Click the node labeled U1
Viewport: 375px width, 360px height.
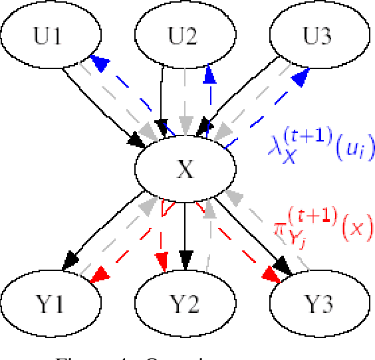(51, 36)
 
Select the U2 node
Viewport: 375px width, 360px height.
(184, 36)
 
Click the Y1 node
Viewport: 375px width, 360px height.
(51, 304)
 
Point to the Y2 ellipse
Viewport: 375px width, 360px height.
(184, 304)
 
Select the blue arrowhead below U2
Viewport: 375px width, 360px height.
(209, 75)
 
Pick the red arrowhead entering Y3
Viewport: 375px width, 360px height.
(269, 273)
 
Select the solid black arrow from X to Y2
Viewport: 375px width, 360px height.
(187, 226)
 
